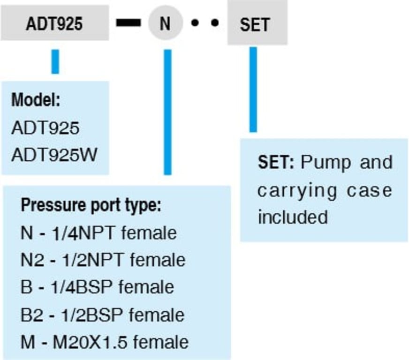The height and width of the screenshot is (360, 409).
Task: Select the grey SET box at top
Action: [257, 24]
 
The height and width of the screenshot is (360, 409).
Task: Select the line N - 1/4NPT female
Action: [98, 232]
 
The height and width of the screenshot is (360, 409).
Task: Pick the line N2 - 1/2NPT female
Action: [103, 260]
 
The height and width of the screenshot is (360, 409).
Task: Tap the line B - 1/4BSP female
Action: [97, 287]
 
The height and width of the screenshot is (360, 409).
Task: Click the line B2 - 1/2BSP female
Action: [102, 315]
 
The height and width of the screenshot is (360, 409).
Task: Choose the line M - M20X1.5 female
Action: [104, 342]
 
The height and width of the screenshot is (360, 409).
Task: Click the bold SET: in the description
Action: [275, 163]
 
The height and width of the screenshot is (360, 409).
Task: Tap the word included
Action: [292, 217]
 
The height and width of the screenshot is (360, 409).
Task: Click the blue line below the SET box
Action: [253, 89]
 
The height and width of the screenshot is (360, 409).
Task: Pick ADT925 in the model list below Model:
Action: [45, 127]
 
